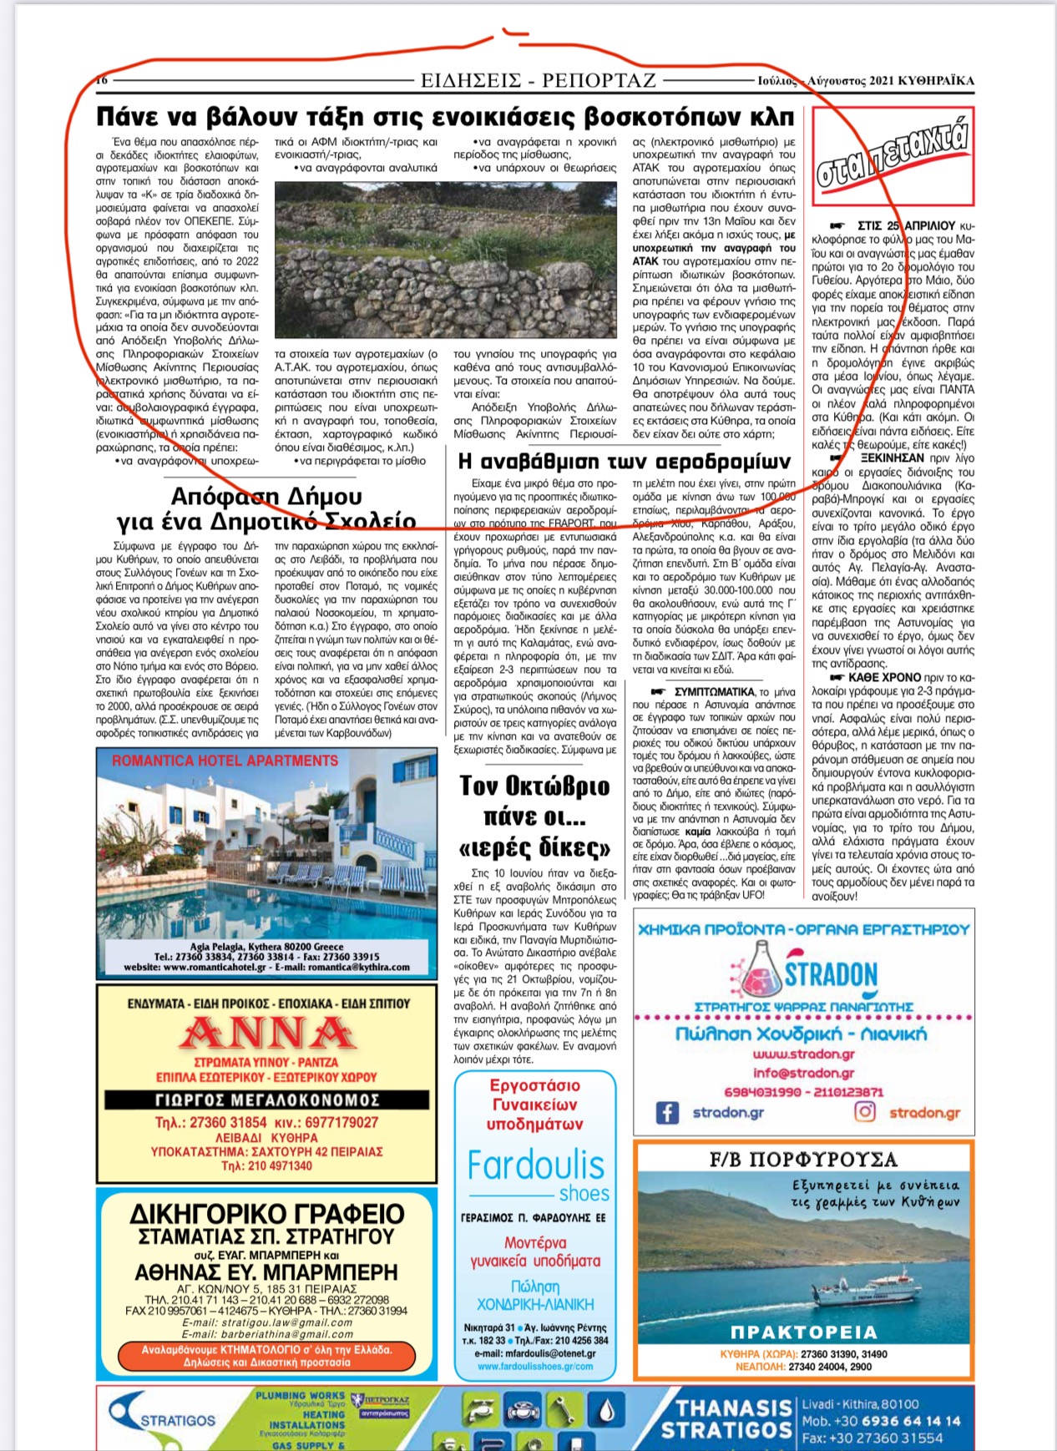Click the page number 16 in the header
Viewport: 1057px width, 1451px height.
[x=102, y=80]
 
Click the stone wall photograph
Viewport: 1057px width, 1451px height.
[x=445, y=260]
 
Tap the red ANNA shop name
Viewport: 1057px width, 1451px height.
[x=267, y=1034]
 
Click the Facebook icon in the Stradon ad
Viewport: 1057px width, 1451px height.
[x=666, y=1112]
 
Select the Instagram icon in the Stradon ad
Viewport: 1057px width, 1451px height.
[x=866, y=1112]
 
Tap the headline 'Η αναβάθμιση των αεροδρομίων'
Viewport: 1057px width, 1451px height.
[x=624, y=461]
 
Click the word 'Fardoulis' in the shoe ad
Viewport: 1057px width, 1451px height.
[x=535, y=1165]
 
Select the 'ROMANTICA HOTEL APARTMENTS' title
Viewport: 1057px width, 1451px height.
[x=225, y=761]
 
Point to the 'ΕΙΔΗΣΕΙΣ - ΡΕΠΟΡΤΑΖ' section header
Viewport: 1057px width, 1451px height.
[x=539, y=81]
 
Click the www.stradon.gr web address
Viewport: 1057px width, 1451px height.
[x=803, y=1054]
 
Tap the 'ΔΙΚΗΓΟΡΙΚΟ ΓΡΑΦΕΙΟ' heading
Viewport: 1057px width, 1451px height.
[x=267, y=1213]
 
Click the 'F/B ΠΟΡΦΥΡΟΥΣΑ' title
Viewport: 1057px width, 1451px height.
[x=803, y=1159]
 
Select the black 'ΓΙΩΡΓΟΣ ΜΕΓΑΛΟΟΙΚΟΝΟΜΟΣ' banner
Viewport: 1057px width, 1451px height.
[x=267, y=1100]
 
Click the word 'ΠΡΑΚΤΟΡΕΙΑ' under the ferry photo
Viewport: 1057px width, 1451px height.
[x=803, y=1332]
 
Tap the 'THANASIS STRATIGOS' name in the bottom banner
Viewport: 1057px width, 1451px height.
[x=726, y=1419]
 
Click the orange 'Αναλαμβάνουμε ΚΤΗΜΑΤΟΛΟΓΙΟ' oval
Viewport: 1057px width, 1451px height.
[x=267, y=1356]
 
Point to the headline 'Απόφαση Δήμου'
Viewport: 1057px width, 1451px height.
[x=266, y=497]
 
